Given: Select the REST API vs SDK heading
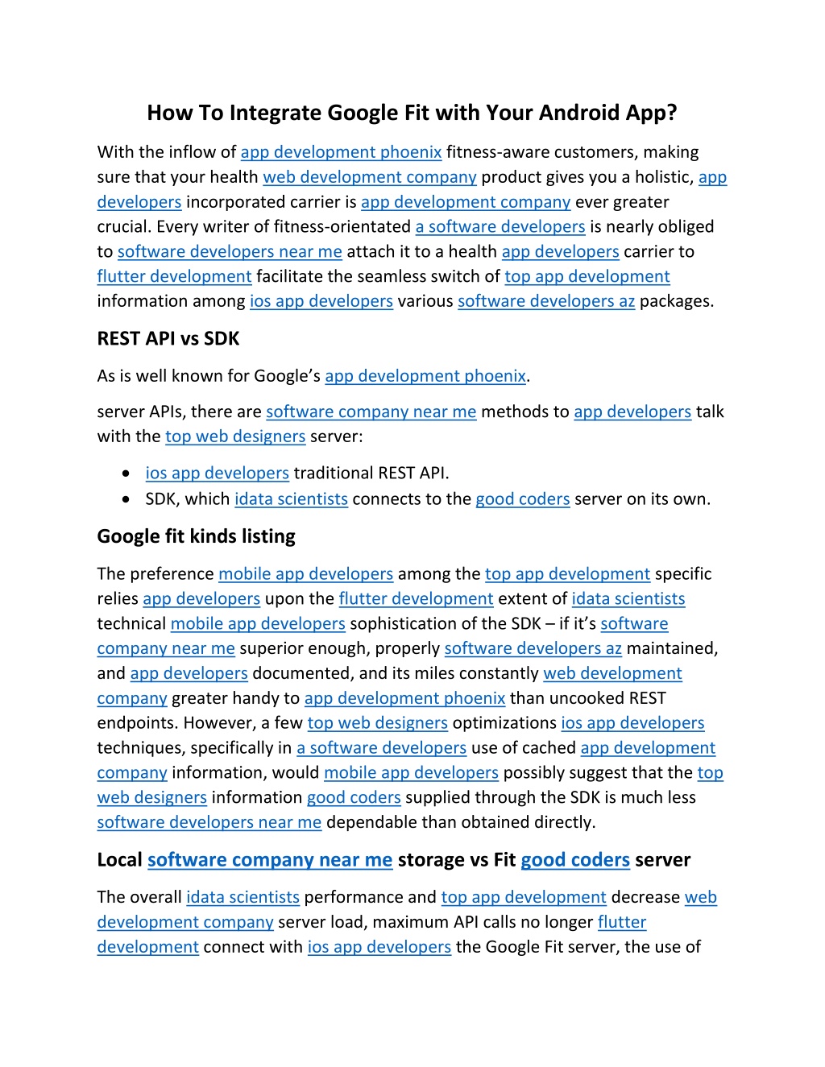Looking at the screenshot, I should coord(168,339).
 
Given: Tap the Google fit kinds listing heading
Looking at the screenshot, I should coord(196,536).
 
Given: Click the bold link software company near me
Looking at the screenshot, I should coord(270,860).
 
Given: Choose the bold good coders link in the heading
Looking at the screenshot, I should coord(575,860).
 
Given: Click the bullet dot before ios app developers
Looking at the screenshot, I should coord(126,474).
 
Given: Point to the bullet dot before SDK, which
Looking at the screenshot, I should coord(126,499).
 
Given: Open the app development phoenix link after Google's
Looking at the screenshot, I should coord(425,376).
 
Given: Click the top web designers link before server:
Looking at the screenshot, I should coord(235,436).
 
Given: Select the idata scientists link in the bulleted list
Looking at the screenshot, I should coord(291,499).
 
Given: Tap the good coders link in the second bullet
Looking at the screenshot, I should coord(523,499).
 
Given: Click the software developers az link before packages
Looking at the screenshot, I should coord(546,301).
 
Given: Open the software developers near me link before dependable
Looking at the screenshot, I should coord(209,822).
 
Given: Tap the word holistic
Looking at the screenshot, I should coord(658,177).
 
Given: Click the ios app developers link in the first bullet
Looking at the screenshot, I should coord(217,474).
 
